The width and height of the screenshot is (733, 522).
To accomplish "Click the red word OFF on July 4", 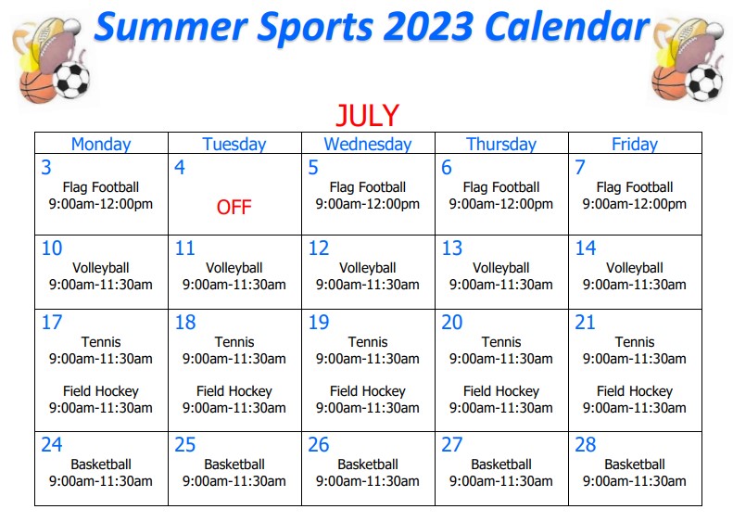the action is click(x=234, y=207).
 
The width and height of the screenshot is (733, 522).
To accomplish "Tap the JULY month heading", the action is click(x=368, y=115).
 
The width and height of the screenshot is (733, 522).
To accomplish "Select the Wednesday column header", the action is click(x=368, y=144).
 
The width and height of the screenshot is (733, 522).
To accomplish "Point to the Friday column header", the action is click(x=635, y=144).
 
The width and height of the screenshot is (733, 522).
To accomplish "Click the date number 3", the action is click(x=46, y=168).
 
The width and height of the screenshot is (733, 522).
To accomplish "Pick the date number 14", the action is click(x=586, y=248).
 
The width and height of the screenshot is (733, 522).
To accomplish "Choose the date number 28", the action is click(x=586, y=445).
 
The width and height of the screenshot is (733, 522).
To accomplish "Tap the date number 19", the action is click(x=319, y=323).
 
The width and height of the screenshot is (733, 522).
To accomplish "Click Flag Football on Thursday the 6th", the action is click(x=501, y=187).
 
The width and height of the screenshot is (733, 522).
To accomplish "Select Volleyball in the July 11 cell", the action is click(x=234, y=268).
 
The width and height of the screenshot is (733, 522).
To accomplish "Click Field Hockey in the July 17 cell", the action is click(x=101, y=391).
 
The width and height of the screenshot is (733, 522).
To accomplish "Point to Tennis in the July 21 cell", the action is click(x=635, y=342).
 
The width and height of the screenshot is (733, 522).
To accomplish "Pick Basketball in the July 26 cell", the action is click(x=368, y=465).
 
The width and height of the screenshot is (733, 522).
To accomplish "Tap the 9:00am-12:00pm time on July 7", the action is click(x=635, y=204).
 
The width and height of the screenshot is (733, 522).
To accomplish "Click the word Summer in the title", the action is click(x=171, y=26).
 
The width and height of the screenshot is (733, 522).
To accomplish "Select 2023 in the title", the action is click(x=429, y=26).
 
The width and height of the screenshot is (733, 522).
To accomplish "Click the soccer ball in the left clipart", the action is click(x=71, y=81).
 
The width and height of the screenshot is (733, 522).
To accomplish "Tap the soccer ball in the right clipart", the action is click(x=703, y=83).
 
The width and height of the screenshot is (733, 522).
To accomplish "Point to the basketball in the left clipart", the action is click(x=37, y=87).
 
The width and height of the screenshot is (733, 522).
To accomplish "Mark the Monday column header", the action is click(x=101, y=144).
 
